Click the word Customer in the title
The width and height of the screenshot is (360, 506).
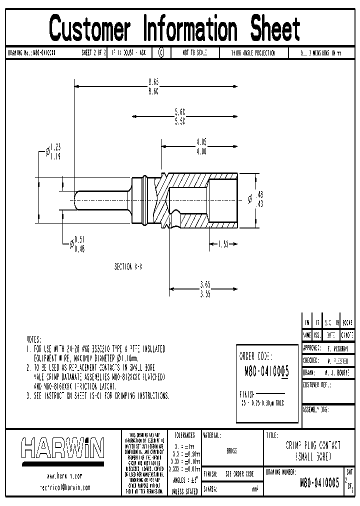point(90,28)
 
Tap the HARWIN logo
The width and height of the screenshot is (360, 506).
point(62,448)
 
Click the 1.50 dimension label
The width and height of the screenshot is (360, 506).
point(223,244)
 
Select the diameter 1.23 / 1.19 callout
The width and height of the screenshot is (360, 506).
point(55,151)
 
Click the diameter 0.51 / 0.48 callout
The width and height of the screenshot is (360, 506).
point(79,244)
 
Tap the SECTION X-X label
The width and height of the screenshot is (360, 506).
point(128,267)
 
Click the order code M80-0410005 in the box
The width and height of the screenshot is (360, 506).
point(266,371)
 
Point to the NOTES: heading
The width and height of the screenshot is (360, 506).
point(33,339)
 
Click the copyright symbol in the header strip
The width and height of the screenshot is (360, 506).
point(160,52)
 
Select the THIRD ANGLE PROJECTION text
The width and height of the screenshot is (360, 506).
point(253,53)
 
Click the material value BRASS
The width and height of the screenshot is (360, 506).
point(232,450)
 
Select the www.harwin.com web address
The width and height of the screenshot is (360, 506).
point(64,475)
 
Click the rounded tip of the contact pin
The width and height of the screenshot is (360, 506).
point(76,200)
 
